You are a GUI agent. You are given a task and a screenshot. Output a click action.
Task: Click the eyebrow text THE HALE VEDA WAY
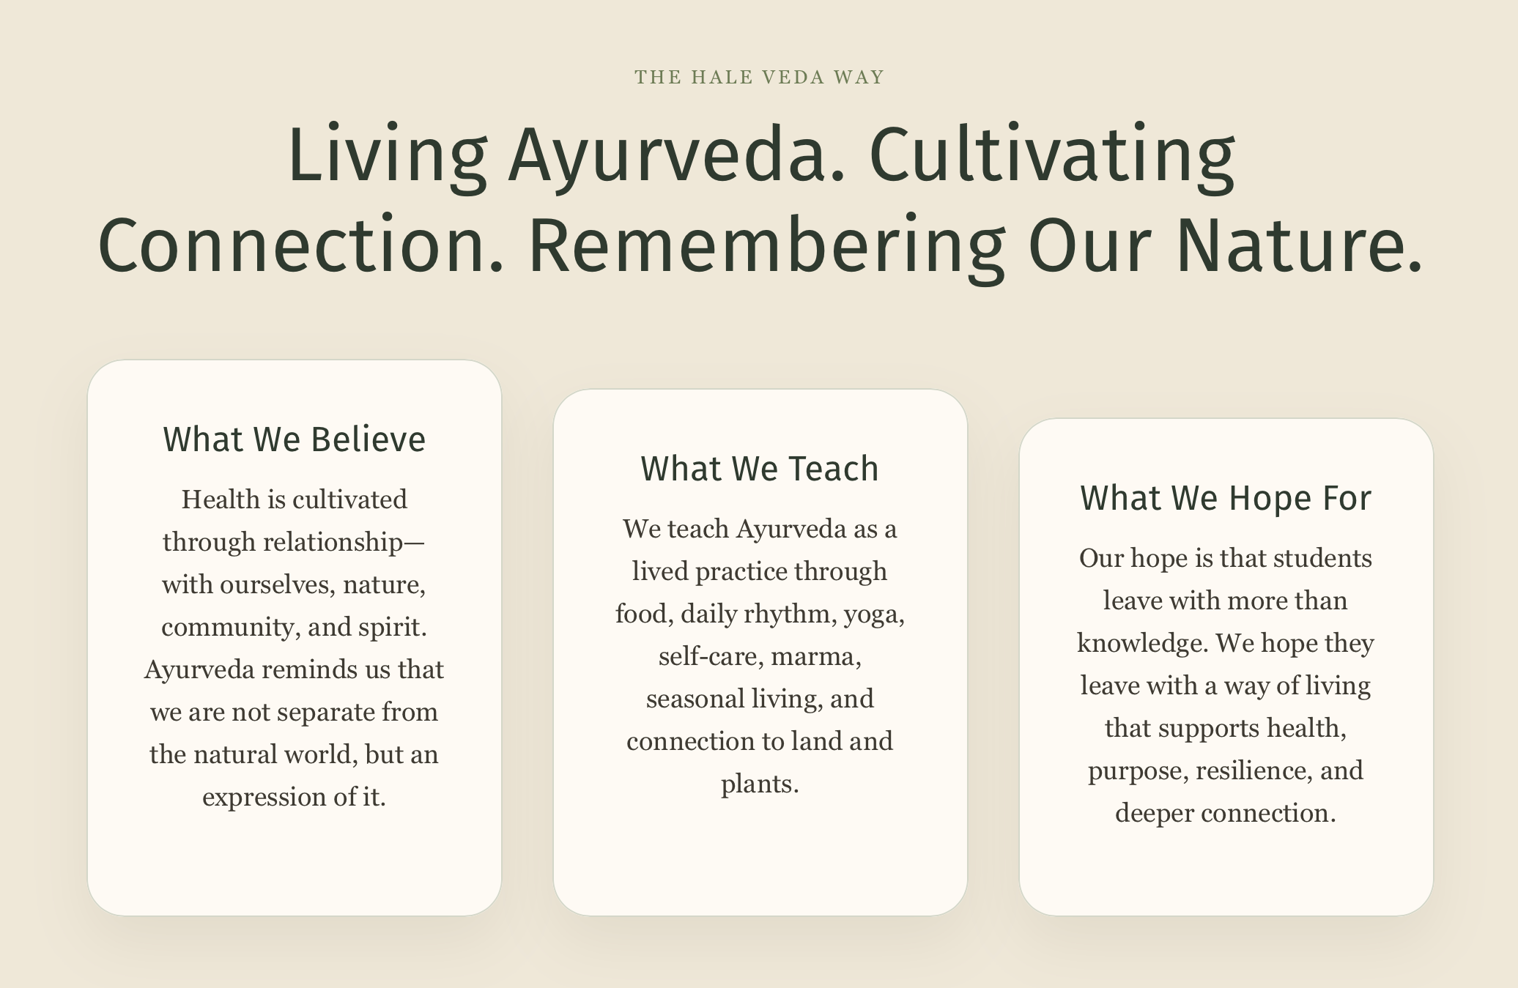[760, 77]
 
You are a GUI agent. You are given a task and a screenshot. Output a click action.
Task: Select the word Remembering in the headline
[767, 247]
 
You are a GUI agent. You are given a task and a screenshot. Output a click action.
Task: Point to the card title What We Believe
[295, 439]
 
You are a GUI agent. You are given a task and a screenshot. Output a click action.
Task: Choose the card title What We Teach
[760, 469]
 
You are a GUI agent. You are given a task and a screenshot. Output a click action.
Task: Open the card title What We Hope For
[1226, 498]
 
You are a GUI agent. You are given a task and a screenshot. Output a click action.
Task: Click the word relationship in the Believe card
[333, 543]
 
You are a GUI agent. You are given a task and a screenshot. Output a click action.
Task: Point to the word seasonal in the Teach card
[695, 699]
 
